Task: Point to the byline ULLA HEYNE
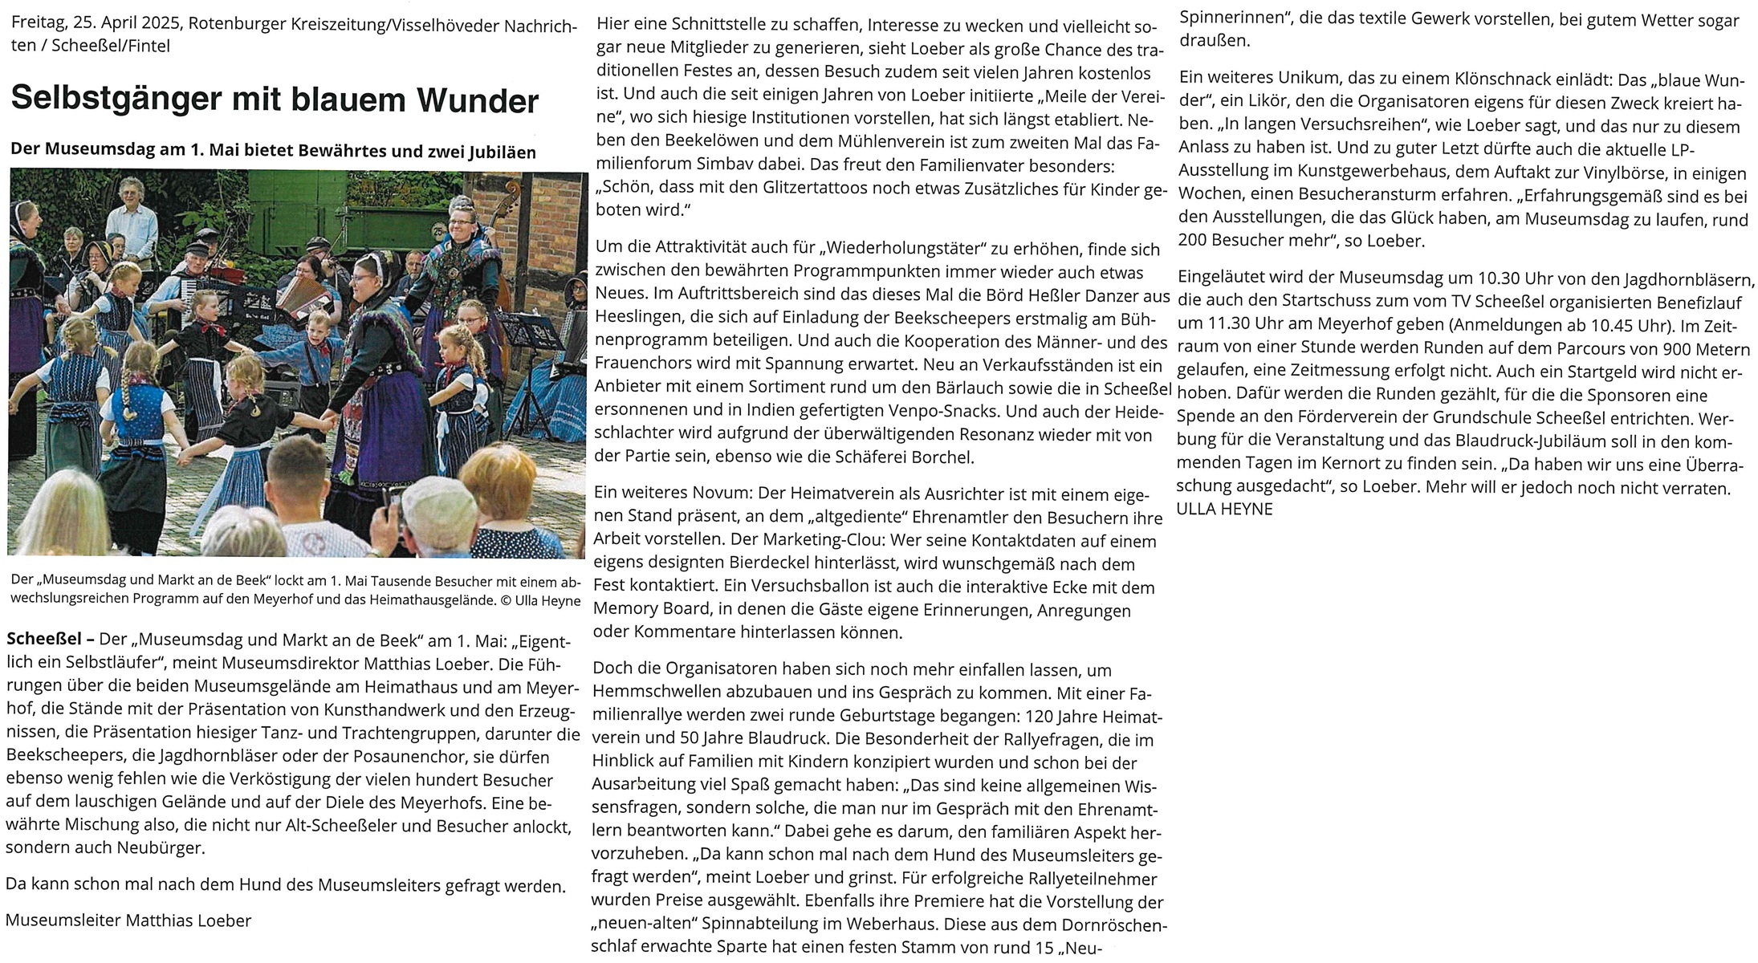1224,509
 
